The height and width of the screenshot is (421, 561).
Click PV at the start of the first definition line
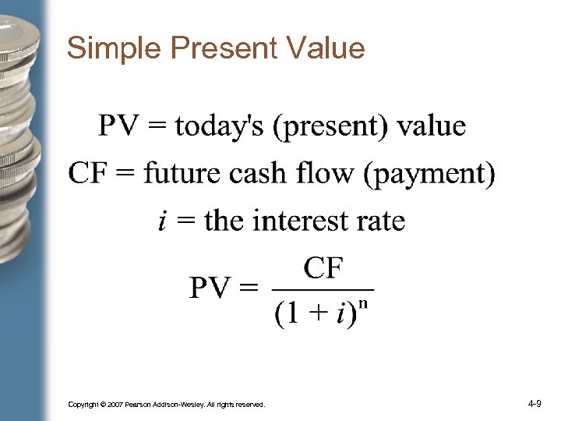(x=118, y=126)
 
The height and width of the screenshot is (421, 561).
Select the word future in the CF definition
(x=182, y=173)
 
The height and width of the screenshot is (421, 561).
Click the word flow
(x=327, y=173)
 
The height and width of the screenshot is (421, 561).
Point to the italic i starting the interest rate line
(x=161, y=221)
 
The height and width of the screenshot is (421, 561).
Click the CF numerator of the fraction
(x=323, y=269)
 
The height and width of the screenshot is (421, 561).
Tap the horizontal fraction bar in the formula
(x=323, y=289)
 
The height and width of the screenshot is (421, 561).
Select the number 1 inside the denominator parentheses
(x=291, y=313)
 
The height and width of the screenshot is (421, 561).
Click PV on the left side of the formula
(x=211, y=289)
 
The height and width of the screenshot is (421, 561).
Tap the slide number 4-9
(x=535, y=404)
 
